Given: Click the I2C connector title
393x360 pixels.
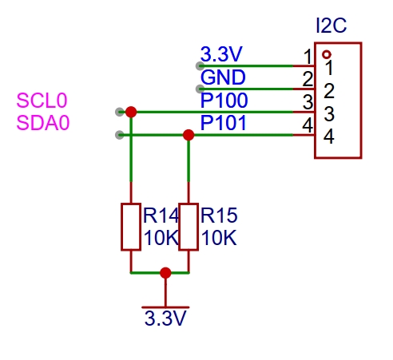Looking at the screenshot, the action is click(x=331, y=26).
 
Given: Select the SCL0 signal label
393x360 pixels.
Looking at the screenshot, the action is click(x=42, y=101).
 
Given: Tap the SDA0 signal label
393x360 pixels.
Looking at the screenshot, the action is click(x=43, y=123).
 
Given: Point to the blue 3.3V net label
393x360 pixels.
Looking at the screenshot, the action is click(x=221, y=54).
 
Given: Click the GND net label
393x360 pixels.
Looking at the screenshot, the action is click(x=223, y=77).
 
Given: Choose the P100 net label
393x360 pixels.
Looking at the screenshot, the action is click(x=224, y=101).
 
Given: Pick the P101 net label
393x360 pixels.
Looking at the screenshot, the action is click(x=223, y=123).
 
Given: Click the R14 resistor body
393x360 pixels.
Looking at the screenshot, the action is click(x=131, y=227).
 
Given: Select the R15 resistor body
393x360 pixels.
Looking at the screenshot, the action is click(x=189, y=227).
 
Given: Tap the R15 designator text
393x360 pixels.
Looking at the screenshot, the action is click(x=219, y=216).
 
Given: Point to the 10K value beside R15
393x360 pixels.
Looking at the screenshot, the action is click(x=219, y=238).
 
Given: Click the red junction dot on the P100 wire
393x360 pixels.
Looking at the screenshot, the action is click(x=131, y=112).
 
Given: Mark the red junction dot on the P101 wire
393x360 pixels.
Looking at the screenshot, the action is click(x=189, y=135).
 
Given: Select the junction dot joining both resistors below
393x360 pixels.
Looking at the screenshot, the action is click(x=165, y=273).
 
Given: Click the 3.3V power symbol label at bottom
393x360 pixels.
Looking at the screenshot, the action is click(x=165, y=318).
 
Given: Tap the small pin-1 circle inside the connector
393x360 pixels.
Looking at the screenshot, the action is click(x=327, y=55).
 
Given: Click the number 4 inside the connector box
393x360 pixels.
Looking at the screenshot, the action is click(x=329, y=136).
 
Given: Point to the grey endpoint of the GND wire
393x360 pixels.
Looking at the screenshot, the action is click(x=200, y=89).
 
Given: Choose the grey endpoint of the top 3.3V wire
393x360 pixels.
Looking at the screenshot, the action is click(x=200, y=66).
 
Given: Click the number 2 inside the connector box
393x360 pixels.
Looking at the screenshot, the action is click(x=329, y=91).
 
